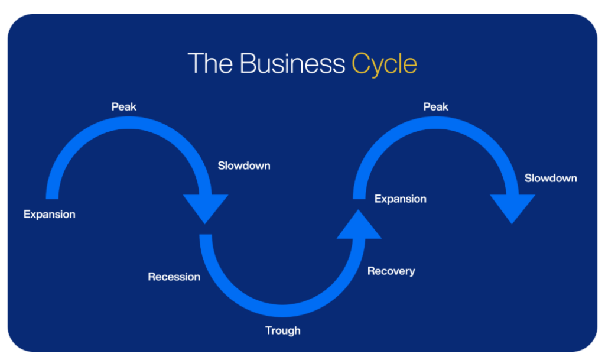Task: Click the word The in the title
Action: [x=210, y=63]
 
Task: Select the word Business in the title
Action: [x=292, y=63]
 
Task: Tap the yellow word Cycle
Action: [x=384, y=64]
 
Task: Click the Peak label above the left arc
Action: [x=124, y=107]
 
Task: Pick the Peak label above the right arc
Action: [x=435, y=107]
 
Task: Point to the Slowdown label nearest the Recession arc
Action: [x=244, y=166]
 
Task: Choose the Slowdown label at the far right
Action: [x=551, y=178]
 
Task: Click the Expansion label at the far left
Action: [x=50, y=215]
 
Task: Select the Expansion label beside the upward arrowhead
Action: [x=401, y=199]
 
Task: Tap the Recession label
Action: [x=174, y=277]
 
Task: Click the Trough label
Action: [x=283, y=331]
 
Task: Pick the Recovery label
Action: [x=391, y=271]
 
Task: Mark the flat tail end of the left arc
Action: [x=52, y=199]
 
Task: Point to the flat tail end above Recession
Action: [x=206, y=235]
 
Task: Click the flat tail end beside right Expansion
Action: [x=359, y=199]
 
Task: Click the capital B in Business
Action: [x=247, y=63]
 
